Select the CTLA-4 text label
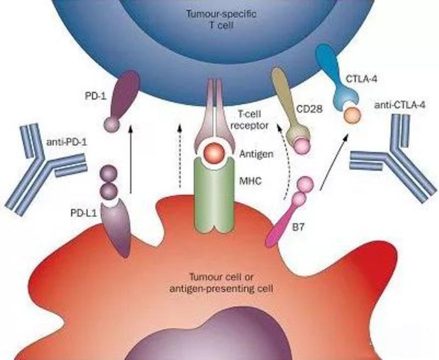363,80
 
